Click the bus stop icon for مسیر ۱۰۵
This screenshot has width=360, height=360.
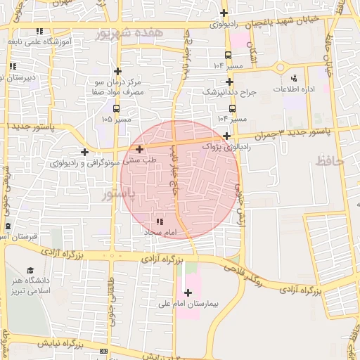[x=116, y=108]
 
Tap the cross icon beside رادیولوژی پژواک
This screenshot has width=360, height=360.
[x=226, y=136]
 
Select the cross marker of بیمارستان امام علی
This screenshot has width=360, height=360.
[x=187, y=292]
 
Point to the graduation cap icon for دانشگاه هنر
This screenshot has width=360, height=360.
[x=30, y=270]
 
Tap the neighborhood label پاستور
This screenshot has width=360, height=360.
[x=117, y=193]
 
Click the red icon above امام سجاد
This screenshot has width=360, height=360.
[x=157, y=221]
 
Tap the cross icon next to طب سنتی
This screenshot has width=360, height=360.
[x=140, y=149]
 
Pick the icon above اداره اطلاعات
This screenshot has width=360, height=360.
[x=294, y=77]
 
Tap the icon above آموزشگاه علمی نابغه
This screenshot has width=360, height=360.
[x=39, y=31]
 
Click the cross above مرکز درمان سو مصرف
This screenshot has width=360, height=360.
[x=117, y=71]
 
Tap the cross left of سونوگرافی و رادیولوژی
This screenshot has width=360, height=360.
[x=85, y=152]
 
